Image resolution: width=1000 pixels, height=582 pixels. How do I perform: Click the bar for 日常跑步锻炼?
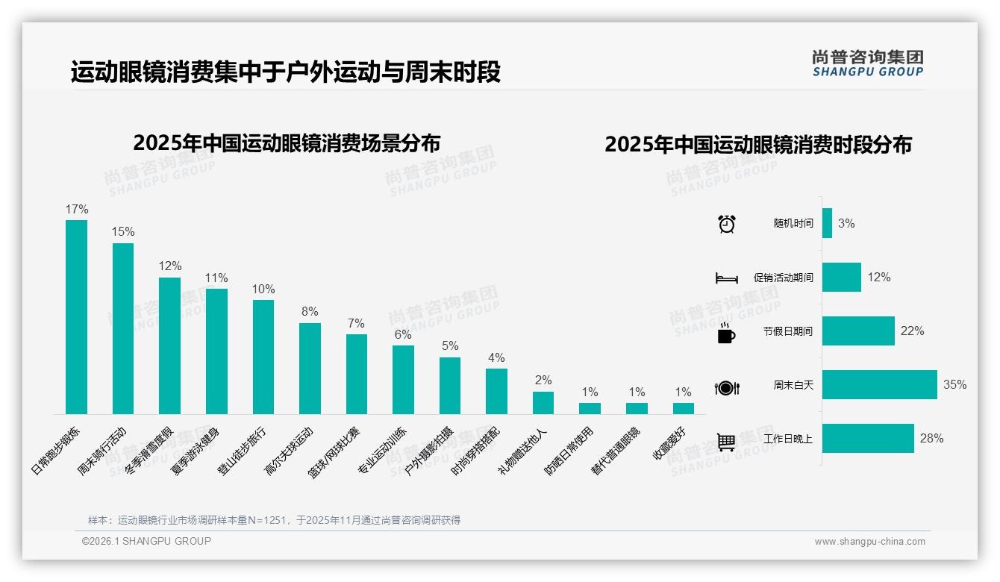click(x=76, y=317)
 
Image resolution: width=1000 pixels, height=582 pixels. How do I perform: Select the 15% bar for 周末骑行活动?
click(x=123, y=328)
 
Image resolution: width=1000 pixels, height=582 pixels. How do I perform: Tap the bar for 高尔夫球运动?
click(x=310, y=369)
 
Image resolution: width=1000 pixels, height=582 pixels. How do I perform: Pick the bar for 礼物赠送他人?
click(x=543, y=403)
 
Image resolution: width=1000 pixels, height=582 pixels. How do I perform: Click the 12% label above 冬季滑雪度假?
click(x=170, y=266)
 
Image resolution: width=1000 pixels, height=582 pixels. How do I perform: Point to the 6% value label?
click(x=403, y=334)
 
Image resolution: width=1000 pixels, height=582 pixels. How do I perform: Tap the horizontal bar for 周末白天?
click(x=879, y=385)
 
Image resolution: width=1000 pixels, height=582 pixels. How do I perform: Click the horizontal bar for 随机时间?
click(x=827, y=223)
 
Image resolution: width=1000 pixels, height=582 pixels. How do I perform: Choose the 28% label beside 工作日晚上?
click(x=931, y=439)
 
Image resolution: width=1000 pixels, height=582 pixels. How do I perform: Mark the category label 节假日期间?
click(x=787, y=331)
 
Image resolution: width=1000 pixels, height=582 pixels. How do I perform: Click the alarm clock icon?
click(x=727, y=224)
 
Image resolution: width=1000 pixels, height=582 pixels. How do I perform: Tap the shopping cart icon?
click(x=726, y=442)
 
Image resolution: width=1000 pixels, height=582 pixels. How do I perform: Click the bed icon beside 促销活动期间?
click(x=726, y=278)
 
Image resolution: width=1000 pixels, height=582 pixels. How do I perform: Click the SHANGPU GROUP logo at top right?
click(x=867, y=63)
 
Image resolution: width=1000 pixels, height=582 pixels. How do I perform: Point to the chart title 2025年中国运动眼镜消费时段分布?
click(x=758, y=145)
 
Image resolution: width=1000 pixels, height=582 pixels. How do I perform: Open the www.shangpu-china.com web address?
click(x=869, y=542)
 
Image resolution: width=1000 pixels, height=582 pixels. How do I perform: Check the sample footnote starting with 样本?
click(x=274, y=520)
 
